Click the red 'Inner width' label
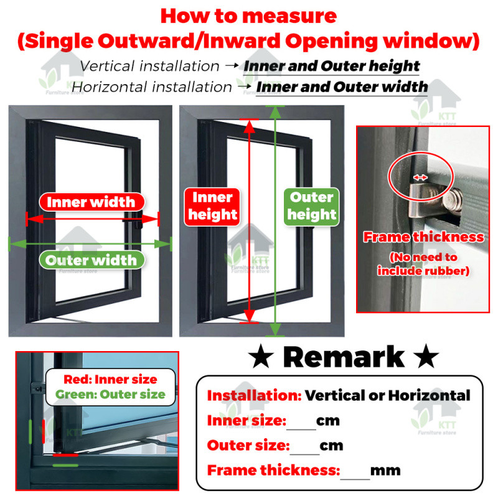(91, 202)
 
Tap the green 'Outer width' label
(92, 260)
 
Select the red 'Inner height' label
(213, 206)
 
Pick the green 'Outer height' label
(312, 206)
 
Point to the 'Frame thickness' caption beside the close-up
(423, 237)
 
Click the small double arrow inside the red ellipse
(420, 177)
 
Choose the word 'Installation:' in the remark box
(254, 395)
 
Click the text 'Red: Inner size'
(110, 379)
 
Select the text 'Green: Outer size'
(110, 394)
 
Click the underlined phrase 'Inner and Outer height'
(331, 66)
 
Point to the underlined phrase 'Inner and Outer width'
(342, 87)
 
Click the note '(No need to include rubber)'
(423, 264)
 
